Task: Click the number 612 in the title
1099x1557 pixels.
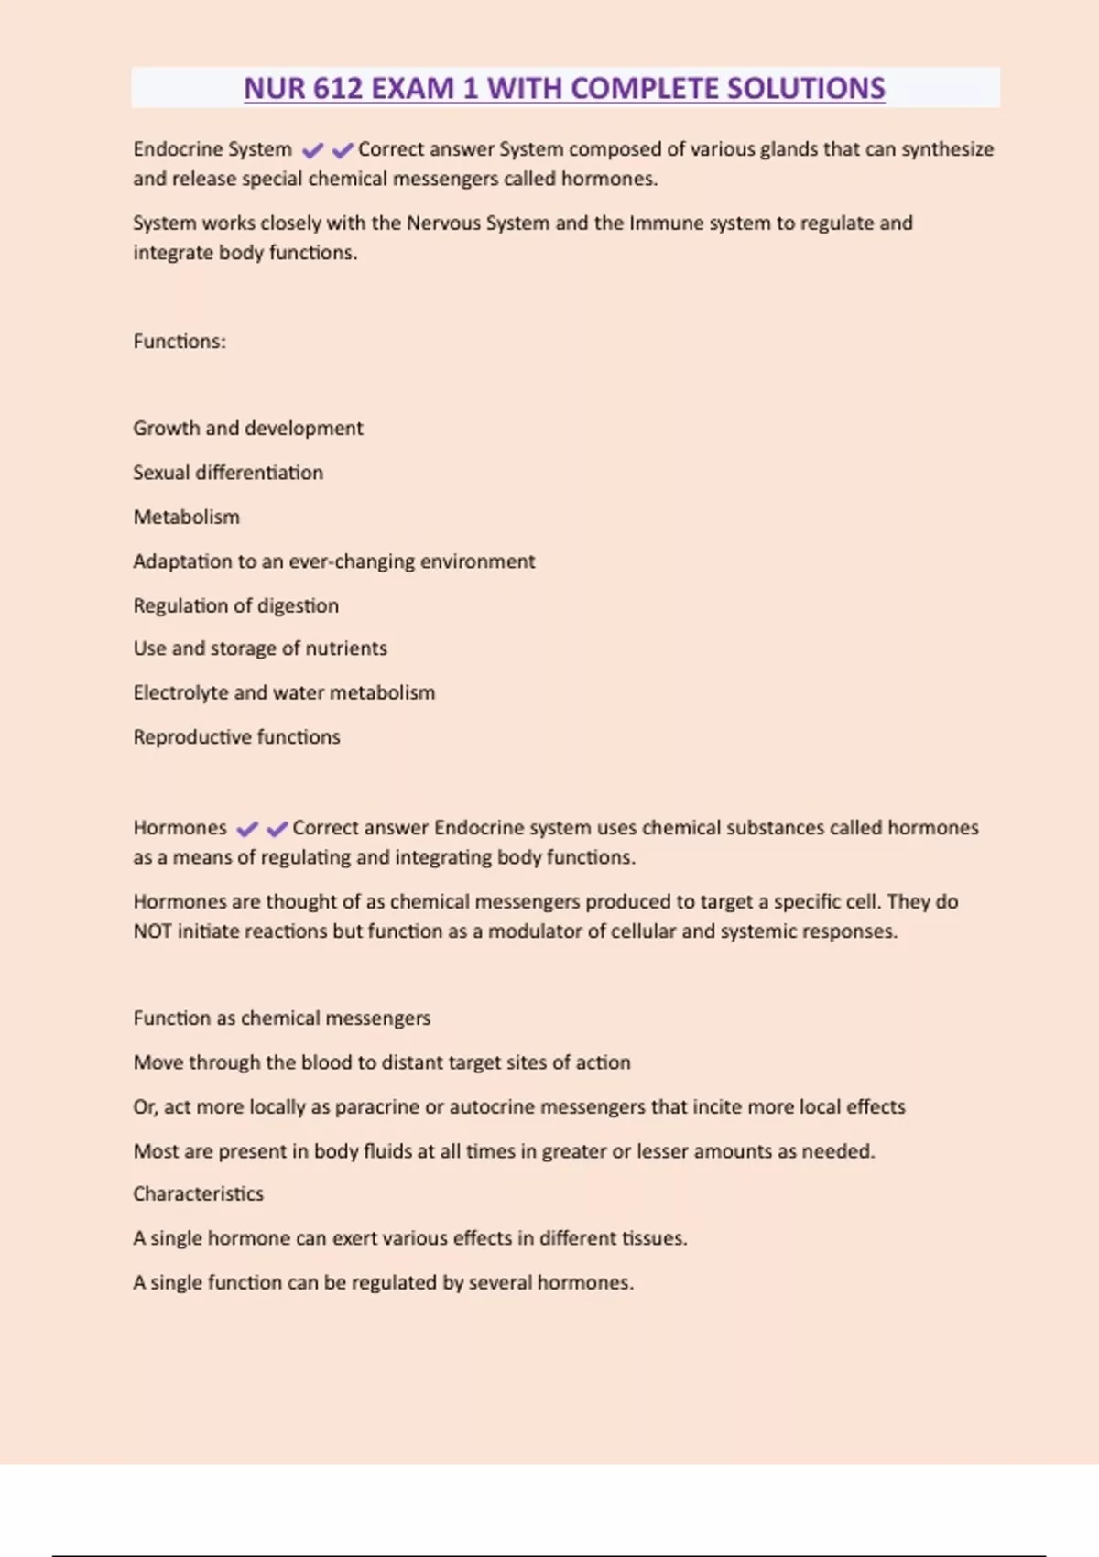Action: click(338, 89)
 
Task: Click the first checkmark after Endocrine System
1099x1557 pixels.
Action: click(312, 150)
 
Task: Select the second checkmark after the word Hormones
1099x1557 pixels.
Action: click(277, 829)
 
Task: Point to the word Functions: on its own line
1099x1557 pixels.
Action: click(180, 342)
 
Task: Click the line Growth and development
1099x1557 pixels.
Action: click(248, 429)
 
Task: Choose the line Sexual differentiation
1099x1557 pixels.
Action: click(228, 473)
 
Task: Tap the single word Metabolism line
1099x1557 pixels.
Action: click(187, 517)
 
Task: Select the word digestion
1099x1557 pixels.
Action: click(298, 606)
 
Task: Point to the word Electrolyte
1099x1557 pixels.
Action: click(180, 693)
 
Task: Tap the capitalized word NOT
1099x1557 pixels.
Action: click(152, 931)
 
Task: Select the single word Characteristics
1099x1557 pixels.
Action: click(199, 1194)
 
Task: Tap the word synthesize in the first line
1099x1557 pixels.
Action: click(948, 149)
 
